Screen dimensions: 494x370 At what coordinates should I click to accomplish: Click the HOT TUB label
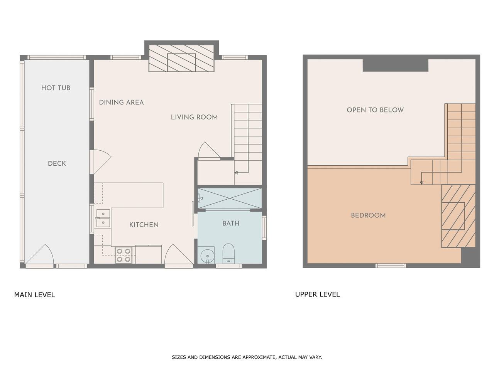[x=56, y=88]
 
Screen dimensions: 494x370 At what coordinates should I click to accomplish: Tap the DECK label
[x=57, y=163]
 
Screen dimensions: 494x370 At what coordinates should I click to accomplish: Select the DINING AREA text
[x=121, y=103]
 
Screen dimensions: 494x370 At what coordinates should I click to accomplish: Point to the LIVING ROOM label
[x=194, y=117]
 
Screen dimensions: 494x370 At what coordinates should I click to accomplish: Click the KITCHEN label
[x=144, y=225]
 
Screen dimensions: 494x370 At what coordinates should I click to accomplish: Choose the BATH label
[x=231, y=223]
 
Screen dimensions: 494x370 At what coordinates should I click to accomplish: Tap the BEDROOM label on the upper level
[x=368, y=215]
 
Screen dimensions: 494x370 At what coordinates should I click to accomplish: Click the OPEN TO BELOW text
[x=375, y=110]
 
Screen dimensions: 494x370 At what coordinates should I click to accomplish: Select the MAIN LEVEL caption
[x=34, y=295]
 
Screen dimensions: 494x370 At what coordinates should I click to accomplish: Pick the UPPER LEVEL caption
[x=317, y=294]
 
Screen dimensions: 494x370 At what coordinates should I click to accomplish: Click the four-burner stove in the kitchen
[x=123, y=255]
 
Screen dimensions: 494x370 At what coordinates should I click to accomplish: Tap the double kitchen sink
[x=103, y=218]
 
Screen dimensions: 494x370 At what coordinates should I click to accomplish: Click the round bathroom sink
[x=207, y=256]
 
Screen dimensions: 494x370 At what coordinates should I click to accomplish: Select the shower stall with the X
[x=230, y=198]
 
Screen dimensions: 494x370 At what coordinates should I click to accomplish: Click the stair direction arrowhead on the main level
[x=236, y=173]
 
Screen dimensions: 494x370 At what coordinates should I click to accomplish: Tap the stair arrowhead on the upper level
[x=421, y=183]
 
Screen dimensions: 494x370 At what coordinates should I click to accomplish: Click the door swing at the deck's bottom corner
[x=39, y=254]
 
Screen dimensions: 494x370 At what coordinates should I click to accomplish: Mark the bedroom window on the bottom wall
[x=391, y=266]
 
